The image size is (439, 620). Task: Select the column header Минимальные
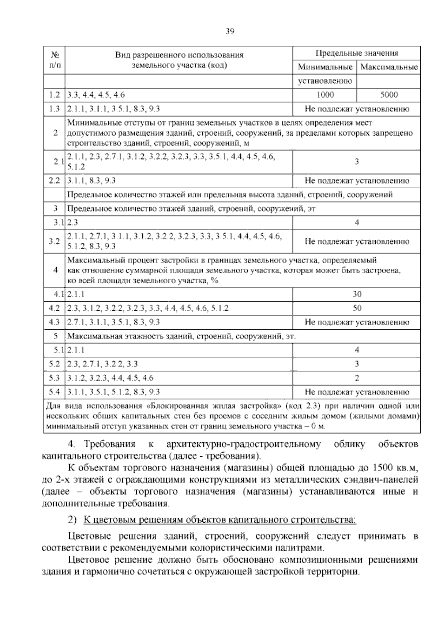pyautogui.click(x=325, y=67)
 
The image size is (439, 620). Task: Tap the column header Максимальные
pyautogui.click(x=389, y=67)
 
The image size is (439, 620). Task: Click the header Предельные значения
pyautogui.click(x=357, y=53)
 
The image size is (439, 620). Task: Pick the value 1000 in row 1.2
pyautogui.click(x=325, y=95)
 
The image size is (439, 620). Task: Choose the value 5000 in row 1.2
pyautogui.click(x=389, y=95)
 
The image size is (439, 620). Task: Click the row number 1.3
pyautogui.click(x=54, y=109)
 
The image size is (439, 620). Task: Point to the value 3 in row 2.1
pyautogui.click(x=357, y=162)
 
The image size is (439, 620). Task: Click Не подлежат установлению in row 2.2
pyautogui.click(x=357, y=181)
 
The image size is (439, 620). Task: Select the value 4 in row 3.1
pyautogui.click(x=357, y=223)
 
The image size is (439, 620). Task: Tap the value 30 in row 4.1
pyautogui.click(x=357, y=294)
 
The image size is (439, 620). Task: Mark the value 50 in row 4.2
pyautogui.click(x=357, y=308)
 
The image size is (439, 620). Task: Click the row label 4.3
pyautogui.click(x=54, y=322)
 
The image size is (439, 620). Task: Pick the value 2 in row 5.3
pyautogui.click(x=357, y=378)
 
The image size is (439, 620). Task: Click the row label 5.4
pyautogui.click(x=54, y=392)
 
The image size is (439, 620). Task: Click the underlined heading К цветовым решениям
pyautogui.click(x=219, y=520)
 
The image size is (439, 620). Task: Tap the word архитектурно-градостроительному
pyautogui.click(x=243, y=445)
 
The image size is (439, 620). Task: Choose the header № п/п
pyautogui.click(x=55, y=60)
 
